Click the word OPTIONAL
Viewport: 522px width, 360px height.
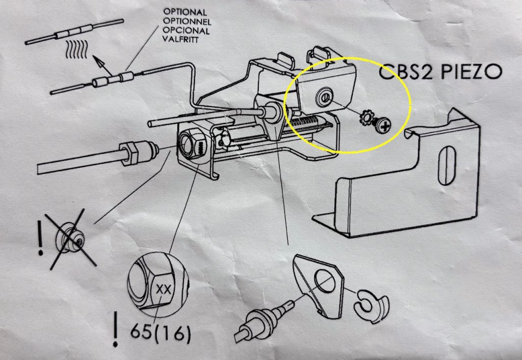[185, 12]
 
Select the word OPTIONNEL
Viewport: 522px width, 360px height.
[187, 21]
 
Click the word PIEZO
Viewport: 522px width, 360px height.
[472, 71]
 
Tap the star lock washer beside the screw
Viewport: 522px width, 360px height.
[367, 118]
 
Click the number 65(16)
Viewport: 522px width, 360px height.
[161, 332]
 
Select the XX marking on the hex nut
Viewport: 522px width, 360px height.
[163, 289]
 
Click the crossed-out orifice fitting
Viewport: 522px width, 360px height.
[70, 237]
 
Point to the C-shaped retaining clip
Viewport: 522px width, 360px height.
[372, 306]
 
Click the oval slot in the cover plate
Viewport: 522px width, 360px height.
[447, 166]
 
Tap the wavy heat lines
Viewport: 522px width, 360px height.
[77, 49]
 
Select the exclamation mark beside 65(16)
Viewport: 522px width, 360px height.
[115, 328]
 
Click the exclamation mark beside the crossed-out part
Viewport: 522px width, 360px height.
[40, 238]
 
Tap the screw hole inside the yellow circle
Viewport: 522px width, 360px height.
[324, 97]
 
